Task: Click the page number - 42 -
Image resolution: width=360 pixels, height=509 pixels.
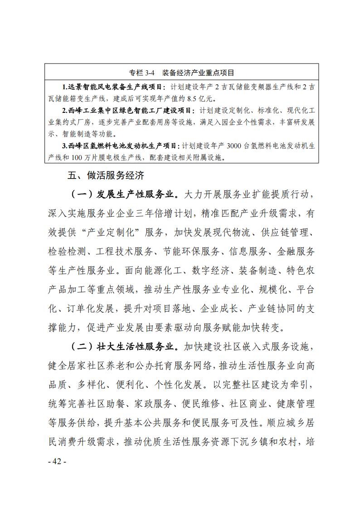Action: (x=57, y=461)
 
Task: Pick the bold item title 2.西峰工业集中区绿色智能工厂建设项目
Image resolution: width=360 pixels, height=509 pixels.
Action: (x=127, y=110)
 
